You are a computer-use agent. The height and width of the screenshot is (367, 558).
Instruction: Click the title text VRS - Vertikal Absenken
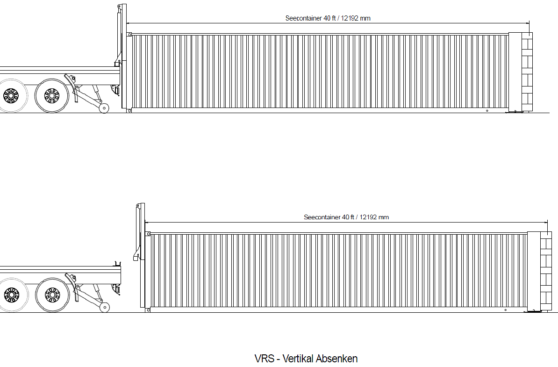[306, 359]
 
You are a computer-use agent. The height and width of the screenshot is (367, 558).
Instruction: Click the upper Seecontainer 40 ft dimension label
[328, 18]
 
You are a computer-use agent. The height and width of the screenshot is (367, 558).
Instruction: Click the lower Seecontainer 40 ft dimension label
[346, 217]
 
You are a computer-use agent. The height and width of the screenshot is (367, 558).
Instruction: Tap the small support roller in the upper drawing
[104, 108]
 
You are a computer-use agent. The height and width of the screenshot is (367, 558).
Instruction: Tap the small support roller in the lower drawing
[105, 308]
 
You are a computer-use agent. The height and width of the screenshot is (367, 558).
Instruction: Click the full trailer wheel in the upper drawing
[51, 96]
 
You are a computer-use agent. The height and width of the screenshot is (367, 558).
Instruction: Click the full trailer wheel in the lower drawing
[52, 295]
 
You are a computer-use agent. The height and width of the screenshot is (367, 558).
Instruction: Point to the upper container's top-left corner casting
[129, 35]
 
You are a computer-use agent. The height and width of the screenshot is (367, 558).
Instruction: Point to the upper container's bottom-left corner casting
[129, 111]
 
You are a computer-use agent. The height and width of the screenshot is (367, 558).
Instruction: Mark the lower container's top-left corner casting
[148, 234]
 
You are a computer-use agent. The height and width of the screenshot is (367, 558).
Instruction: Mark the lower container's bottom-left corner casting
[148, 310]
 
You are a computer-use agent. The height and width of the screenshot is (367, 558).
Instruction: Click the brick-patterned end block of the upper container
[527, 72]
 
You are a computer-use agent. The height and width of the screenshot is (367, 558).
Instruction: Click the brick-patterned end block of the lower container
[546, 271]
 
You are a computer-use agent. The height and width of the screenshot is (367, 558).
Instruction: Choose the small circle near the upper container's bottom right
[487, 111]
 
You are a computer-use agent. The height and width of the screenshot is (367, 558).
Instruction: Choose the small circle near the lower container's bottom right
[506, 310]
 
